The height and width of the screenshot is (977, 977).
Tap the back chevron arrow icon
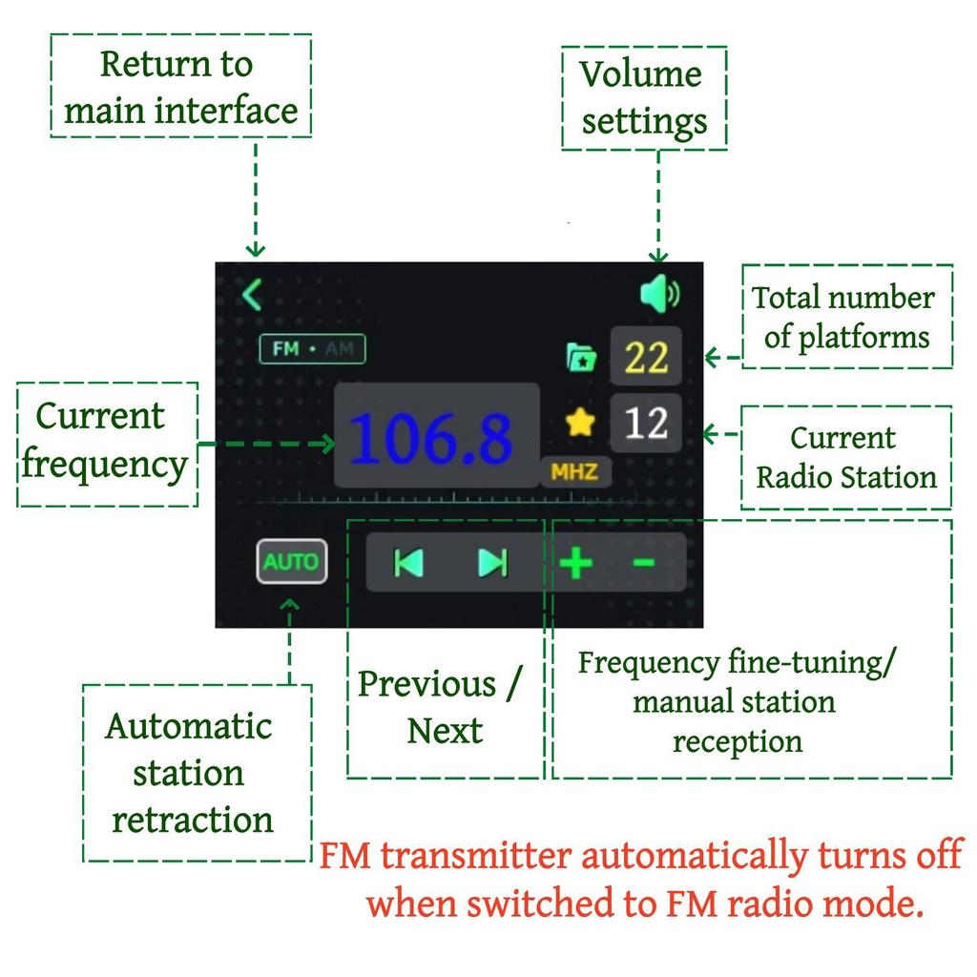(x=252, y=295)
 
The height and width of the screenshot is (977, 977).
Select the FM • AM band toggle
(x=312, y=349)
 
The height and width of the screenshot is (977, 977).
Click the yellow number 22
(x=646, y=359)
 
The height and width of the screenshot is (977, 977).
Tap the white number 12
(x=646, y=423)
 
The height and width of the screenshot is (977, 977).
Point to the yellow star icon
(x=580, y=423)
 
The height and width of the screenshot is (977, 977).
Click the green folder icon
(x=581, y=359)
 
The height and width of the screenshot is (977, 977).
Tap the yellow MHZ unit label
(x=574, y=471)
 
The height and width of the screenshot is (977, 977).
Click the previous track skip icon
(x=409, y=563)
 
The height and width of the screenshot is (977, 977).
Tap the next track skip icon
(x=492, y=563)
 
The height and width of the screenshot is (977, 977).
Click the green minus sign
(x=644, y=563)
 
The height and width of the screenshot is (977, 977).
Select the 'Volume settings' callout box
(x=643, y=98)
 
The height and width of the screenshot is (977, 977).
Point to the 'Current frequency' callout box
(x=107, y=443)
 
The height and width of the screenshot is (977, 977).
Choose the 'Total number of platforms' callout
(x=846, y=317)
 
